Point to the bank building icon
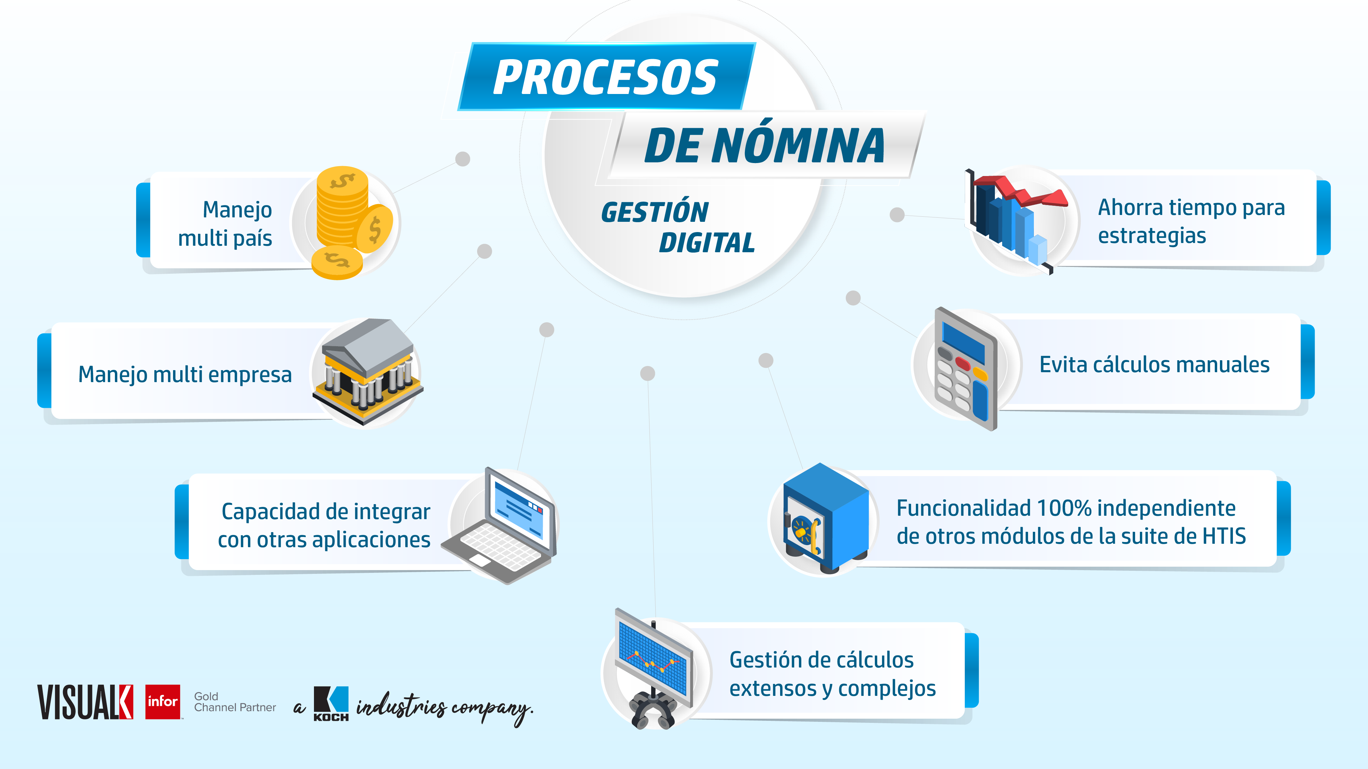[368, 372]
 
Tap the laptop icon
[499, 525]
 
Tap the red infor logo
[162, 702]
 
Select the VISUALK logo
[85, 702]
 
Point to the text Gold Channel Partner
[235, 702]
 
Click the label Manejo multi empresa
[185, 374]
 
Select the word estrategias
[1152, 235]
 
